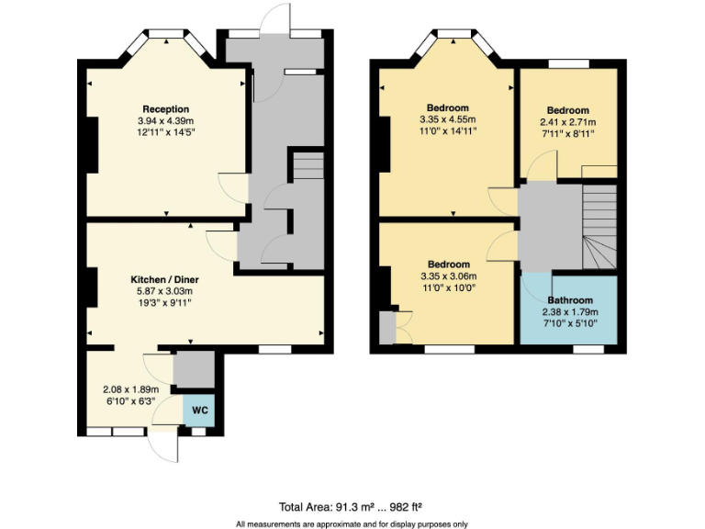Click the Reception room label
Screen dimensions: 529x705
(165, 109)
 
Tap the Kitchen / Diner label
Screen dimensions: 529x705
(165, 279)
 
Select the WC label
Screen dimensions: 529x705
(200, 410)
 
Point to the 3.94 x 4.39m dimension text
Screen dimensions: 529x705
(165, 120)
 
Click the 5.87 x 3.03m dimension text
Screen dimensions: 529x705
(165, 291)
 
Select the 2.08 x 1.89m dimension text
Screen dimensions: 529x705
(129, 388)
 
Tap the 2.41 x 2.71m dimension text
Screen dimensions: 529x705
(566, 122)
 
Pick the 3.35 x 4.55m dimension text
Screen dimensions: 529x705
(448, 120)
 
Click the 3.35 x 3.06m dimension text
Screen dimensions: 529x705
(449, 276)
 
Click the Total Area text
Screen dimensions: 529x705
(351, 506)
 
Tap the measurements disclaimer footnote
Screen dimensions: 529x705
(352, 523)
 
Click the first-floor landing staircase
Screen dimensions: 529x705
(599, 226)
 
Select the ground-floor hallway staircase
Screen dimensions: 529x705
(308, 167)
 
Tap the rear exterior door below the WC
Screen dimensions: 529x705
(167, 447)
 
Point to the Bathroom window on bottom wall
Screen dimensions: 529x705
(587, 349)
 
